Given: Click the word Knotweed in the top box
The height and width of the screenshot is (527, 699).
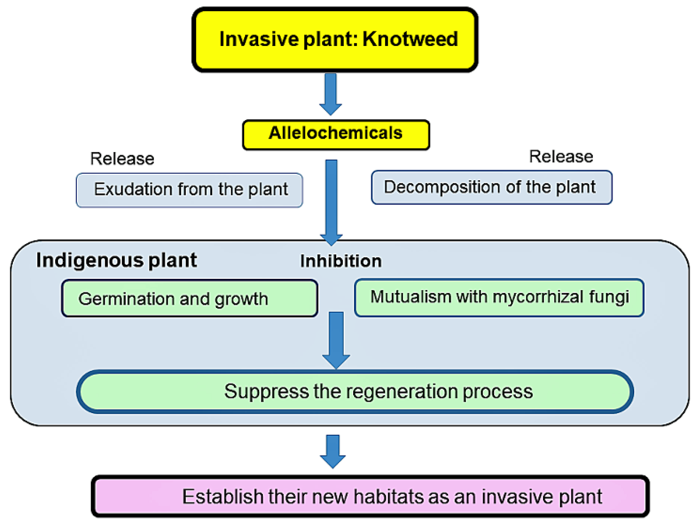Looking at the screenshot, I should (410, 39).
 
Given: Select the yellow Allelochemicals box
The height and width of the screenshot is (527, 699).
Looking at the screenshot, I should (336, 135).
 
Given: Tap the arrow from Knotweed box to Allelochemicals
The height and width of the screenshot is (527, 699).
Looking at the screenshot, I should (330, 93).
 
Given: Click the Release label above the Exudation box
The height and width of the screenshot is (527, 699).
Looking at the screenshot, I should (122, 158).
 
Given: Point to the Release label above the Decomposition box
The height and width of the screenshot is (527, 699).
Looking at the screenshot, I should (561, 156).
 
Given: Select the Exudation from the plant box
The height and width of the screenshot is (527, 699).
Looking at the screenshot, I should (189, 190).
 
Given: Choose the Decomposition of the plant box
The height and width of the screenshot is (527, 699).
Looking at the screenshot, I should (491, 187).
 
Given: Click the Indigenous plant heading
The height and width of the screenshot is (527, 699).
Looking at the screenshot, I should (116, 261).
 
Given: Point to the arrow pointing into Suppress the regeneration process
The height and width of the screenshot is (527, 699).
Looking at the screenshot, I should (336, 339).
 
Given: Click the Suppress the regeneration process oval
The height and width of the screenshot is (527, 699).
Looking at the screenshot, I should (355, 392).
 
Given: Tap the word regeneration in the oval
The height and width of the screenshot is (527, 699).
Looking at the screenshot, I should (402, 392).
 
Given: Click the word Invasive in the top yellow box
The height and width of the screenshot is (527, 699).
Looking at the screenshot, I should (259, 39).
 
